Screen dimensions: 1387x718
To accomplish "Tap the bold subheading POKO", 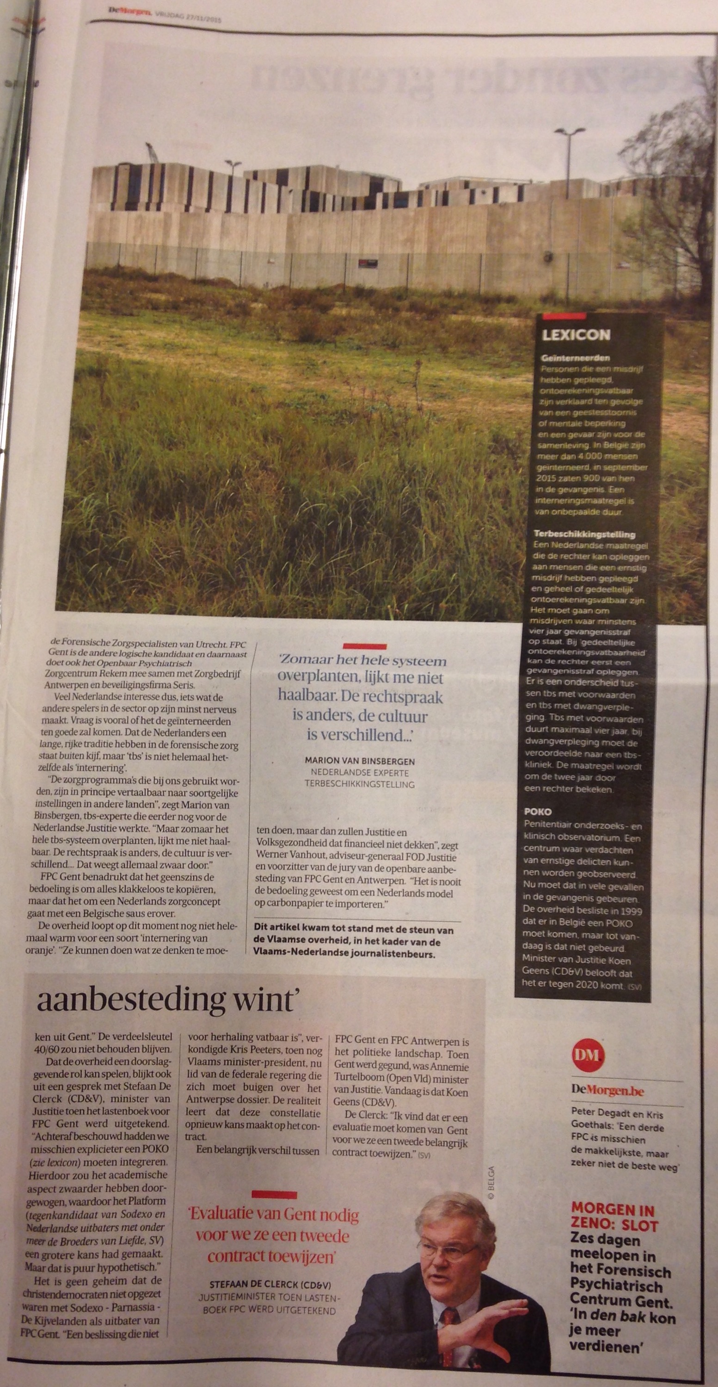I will click(537, 811).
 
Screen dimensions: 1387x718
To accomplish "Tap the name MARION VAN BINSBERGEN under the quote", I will click(360, 761).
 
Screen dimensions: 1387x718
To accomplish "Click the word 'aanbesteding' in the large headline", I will click(131, 1000).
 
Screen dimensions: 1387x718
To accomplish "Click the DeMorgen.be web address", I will click(607, 1090).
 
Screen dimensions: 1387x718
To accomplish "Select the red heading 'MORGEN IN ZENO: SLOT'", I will click(613, 1218).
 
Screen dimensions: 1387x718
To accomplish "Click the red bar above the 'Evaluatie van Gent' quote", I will click(274, 1195).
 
